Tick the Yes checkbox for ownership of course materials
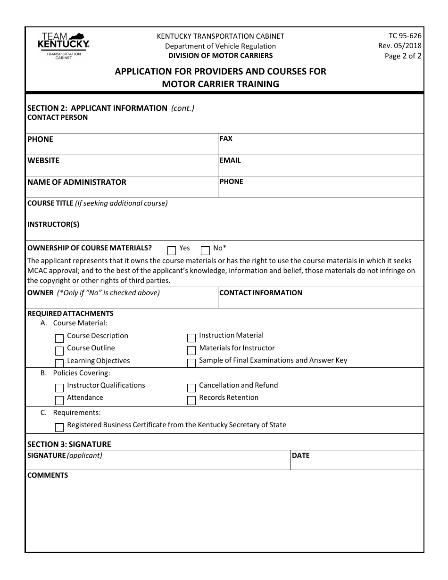tap(172, 250)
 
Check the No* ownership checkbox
tap(205, 250)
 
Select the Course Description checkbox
tap(59, 339)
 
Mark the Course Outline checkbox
tap(59, 351)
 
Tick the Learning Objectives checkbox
tap(59, 363)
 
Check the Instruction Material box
tap(191, 338)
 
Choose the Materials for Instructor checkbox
tap(191, 350)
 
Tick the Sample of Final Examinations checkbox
tap(191, 363)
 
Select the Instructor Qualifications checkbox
tap(59, 388)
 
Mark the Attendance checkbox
tap(59, 400)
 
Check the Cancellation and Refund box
tap(191, 388)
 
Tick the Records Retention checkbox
tap(191, 400)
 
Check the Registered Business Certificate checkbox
tap(59, 428)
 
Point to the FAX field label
tap(226, 139)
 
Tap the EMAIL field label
tap(230, 160)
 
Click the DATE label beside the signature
tap(301, 456)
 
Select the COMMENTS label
tap(48, 475)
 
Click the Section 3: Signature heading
tap(69, 444)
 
